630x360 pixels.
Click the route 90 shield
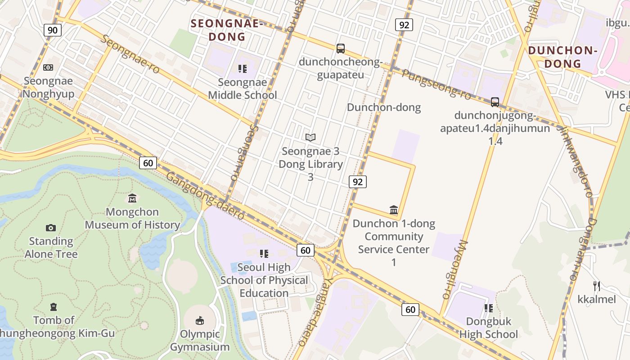pos(53,30)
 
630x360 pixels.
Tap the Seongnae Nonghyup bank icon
pos(48,67)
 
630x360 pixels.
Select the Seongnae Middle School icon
pos(243,69)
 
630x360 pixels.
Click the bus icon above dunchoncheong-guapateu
pos(341,48)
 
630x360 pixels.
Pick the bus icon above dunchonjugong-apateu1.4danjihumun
pos(495,102)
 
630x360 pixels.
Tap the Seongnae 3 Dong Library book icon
pos(310,137)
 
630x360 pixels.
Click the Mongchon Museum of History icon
pos(132,198)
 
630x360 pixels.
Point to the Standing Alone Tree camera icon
pos(51,228)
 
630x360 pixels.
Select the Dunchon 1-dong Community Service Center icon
pos(394,210)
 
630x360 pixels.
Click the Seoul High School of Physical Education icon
pos(264,254)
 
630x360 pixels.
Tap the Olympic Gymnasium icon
pos(199,320)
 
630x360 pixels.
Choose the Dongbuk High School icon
pos(489,308)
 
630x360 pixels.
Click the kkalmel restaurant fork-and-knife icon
pos(597,286)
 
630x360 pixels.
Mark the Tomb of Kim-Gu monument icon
pos(54,307)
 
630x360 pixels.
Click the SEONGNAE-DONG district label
pos(226,30)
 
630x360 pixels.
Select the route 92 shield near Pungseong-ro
pos(404,25)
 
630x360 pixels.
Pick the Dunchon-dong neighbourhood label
pos(384,107)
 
